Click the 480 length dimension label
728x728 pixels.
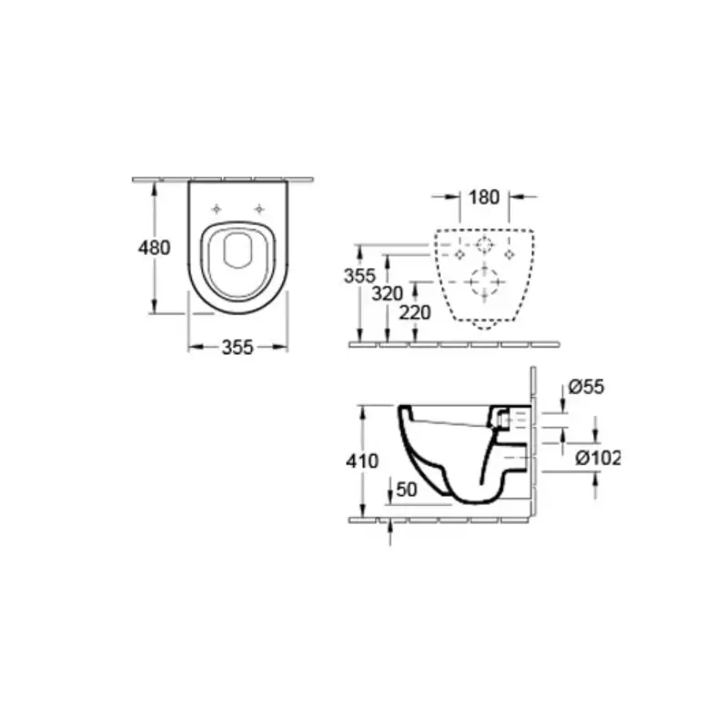[154, 248]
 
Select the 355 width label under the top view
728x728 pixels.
[238, 348]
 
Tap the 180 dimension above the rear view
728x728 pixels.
[484, 197]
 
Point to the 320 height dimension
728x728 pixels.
[388, 293]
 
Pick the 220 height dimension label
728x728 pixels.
[415, 313]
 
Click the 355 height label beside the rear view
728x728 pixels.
[359, 276]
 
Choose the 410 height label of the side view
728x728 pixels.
[362, 461]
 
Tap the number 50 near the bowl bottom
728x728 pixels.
[407, 490]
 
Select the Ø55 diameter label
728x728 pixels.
[586, 387]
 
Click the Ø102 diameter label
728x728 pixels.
[598, 459]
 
